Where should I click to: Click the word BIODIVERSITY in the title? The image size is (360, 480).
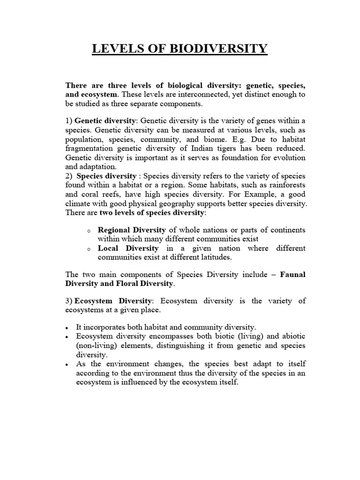point(214,49)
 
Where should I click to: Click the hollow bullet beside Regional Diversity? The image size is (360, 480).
point(89,231)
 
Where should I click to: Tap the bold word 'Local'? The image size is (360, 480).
point(108,248)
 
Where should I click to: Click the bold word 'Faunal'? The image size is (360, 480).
point(292,275)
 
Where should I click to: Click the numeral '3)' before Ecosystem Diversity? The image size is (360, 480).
point(69,301)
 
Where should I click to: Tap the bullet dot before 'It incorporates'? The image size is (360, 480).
point(68,328)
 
